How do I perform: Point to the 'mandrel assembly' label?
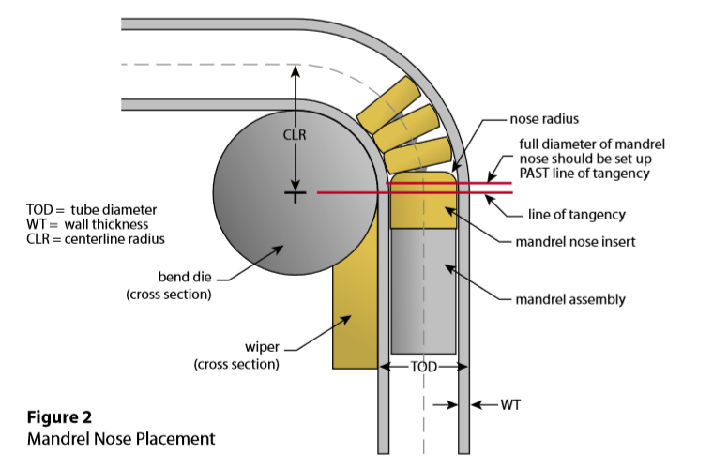click(x=569, y=299)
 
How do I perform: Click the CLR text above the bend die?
click(x=296, y=134)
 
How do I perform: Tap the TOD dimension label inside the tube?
click(x=424, y=367)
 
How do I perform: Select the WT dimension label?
click(x=507, y=405)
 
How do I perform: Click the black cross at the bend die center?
click(x=296, y=194)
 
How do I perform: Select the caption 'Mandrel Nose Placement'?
click(x=121, y=437)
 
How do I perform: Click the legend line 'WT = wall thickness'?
click(x=88, y=223)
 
